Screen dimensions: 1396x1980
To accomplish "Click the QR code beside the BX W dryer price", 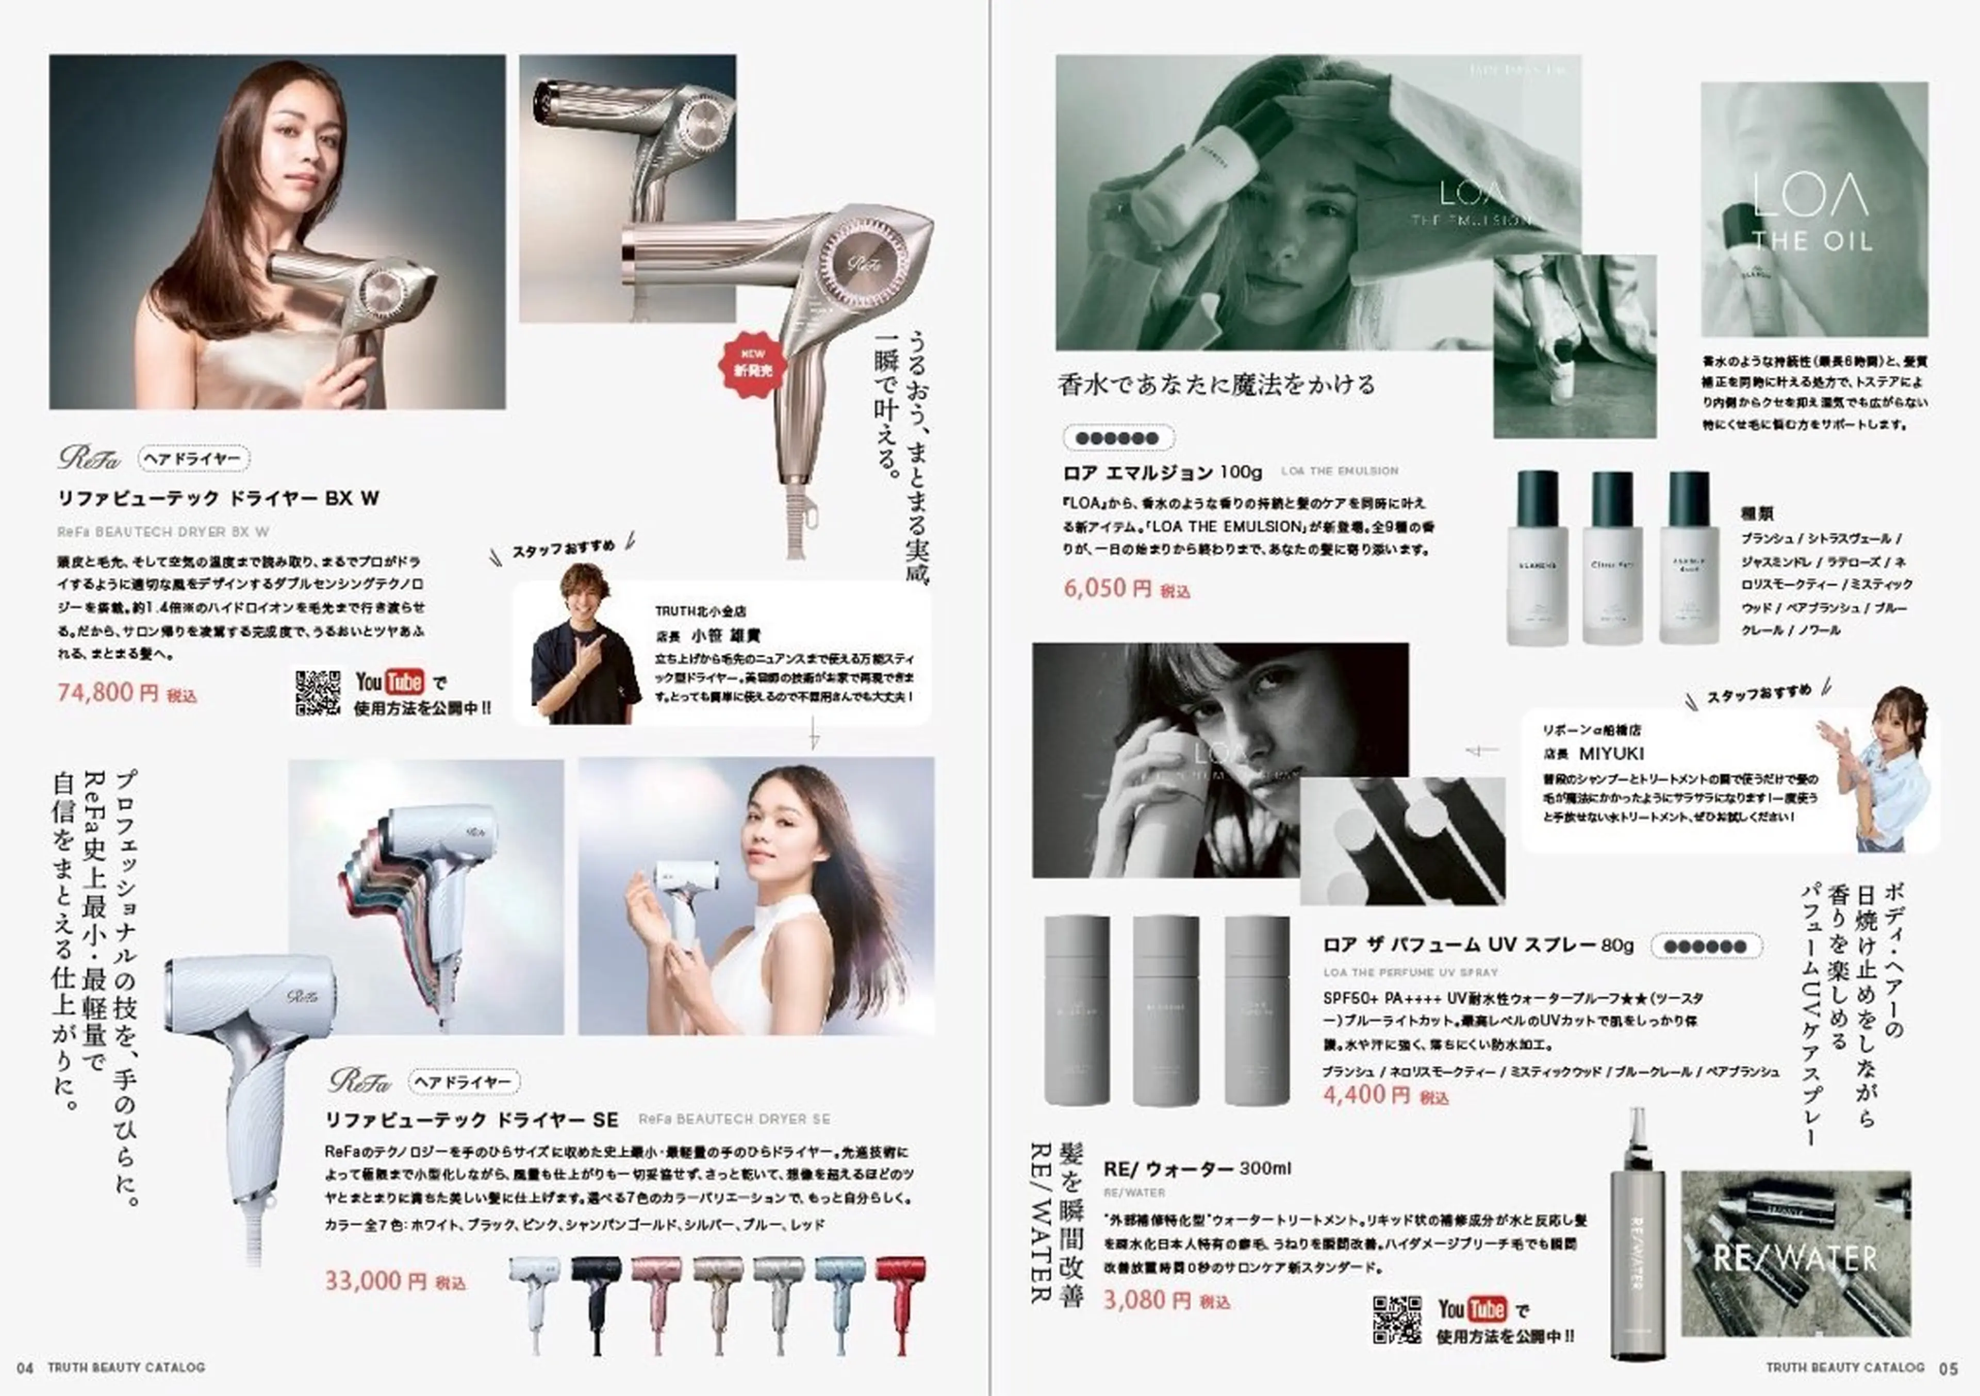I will click(x=317, y=692).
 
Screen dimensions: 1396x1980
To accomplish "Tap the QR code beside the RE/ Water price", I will click(x=1396, y=1319).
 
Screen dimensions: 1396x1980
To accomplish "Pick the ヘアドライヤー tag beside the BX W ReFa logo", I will click(x=193, y=459).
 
